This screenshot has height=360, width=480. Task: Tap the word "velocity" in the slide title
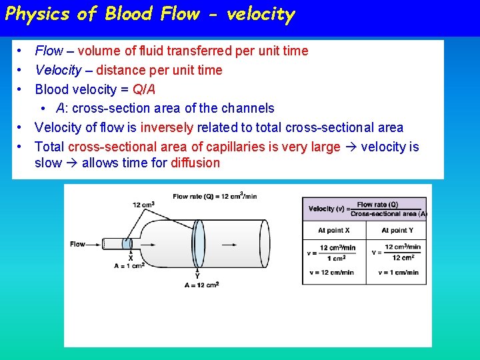pos(261,14)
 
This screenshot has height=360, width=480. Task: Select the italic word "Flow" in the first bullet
pos(49,51)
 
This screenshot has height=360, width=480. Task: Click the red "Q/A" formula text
pos(144,89)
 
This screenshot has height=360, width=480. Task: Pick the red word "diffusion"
pos(195,163)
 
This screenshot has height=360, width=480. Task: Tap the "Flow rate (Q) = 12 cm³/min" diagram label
pos(215,196)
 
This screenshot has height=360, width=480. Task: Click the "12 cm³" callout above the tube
pos(144,204)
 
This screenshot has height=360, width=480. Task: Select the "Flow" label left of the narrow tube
pos(78,244)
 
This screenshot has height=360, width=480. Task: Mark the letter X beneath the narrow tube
pos(131,257)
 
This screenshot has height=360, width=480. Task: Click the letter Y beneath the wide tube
pos(197,275)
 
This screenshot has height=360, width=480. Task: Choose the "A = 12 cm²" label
pos(201,285)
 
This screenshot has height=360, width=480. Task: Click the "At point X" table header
pos(333,230)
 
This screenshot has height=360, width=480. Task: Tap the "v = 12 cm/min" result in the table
pos(333,272)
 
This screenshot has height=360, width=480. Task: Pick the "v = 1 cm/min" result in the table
pos(398,272)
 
